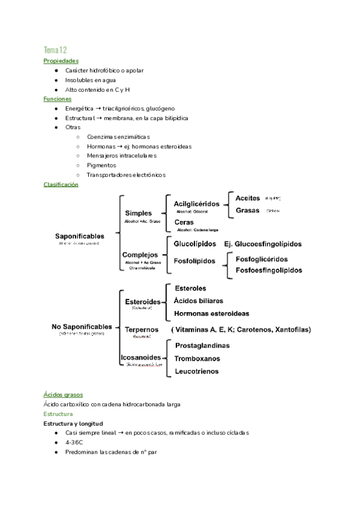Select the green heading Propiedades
click(61, 61)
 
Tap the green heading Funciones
click(58, 98)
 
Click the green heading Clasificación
click(61, 184)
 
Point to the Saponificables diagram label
click(80, 236)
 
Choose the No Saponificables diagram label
click(82, 327)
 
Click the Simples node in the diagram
click(138, 213)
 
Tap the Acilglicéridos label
click(197, 204)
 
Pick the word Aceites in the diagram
click(248, 197)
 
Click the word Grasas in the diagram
click(248, 211)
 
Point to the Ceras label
click(184, 222)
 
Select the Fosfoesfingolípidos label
click(269, 271)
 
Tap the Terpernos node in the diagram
click(142, 330)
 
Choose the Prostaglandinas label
click(202, 346)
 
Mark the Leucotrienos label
click(196, 372)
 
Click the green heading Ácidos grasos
click(63, 394)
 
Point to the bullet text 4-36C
click(74, 442)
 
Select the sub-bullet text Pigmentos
click(101, 165)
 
